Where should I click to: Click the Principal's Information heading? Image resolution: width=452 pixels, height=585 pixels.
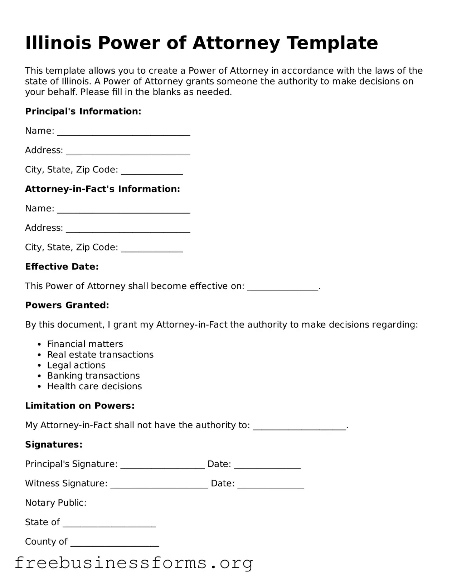click(x=83, y=112)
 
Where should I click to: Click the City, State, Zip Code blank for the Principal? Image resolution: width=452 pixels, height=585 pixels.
click(x=152, y=171)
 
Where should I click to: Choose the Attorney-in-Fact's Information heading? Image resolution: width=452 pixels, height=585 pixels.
click(x=102, y=189)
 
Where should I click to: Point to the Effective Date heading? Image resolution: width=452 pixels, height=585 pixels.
click(x=62, y=267)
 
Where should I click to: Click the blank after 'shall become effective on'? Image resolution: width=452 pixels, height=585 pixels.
click(x=282, y=288)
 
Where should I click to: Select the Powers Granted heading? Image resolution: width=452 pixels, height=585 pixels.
click(x=67, y=305)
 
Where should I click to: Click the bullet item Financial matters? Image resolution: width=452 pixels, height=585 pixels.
click(x=85, y=344)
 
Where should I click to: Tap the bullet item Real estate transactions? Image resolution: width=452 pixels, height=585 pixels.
click(x=100, y=355)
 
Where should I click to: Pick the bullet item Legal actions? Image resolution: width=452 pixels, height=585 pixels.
click(x=76, y=365)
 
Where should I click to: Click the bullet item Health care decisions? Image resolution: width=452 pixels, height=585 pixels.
click(x=94, y=386)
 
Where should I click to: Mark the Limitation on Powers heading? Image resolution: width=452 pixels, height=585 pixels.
click(x=80, y=406)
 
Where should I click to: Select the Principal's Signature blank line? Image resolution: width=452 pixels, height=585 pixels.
click(x=162, y=465)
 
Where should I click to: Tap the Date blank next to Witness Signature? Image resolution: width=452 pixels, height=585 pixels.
click(x=270, y=485)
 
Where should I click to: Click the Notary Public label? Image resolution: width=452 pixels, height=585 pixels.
click(x=56, y=503)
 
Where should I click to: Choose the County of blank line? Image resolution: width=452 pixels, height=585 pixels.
click(x=115, y=543)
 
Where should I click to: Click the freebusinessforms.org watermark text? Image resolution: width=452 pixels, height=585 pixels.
click(x=134, y=563)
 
